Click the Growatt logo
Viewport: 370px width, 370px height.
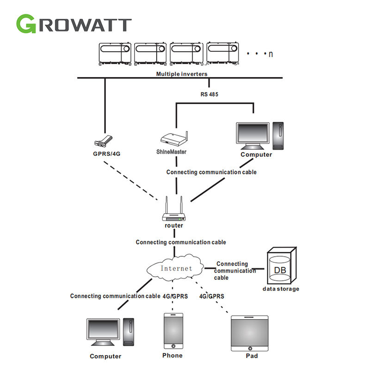tap(74, 23)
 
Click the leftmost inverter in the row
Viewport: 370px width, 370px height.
tap(115, 53)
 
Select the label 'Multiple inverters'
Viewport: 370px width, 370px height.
tap(182, 74)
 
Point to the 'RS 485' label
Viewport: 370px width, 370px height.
tap(209, 94)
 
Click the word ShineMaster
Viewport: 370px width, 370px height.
tap(171, 152)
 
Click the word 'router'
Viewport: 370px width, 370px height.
tap(174, 226)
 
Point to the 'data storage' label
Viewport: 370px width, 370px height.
tap(281, 289)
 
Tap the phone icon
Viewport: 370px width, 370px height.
tap(173, 331)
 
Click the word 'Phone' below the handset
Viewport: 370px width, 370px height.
tap(173, 356)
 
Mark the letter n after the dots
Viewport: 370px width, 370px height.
tap(271, 54)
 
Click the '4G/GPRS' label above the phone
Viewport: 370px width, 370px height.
tap(175, 296)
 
